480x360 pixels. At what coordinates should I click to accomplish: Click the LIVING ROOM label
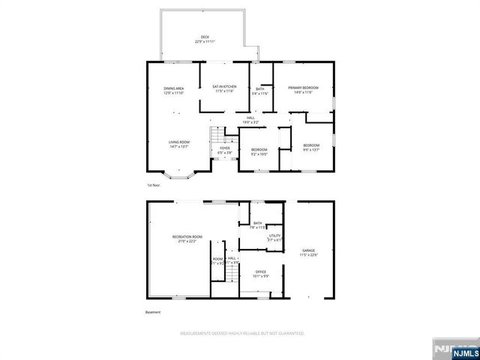click(178, 144)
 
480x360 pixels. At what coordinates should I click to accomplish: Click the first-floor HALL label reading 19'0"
click(251, 118)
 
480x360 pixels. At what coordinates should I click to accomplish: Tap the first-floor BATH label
click(259, 90)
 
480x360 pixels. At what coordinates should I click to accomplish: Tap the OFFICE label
click(261, 274)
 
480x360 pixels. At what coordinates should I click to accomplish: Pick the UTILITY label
click(274, 237)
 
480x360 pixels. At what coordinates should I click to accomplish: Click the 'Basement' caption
click(153, 312)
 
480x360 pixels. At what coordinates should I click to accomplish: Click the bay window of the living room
click(177, 175)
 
